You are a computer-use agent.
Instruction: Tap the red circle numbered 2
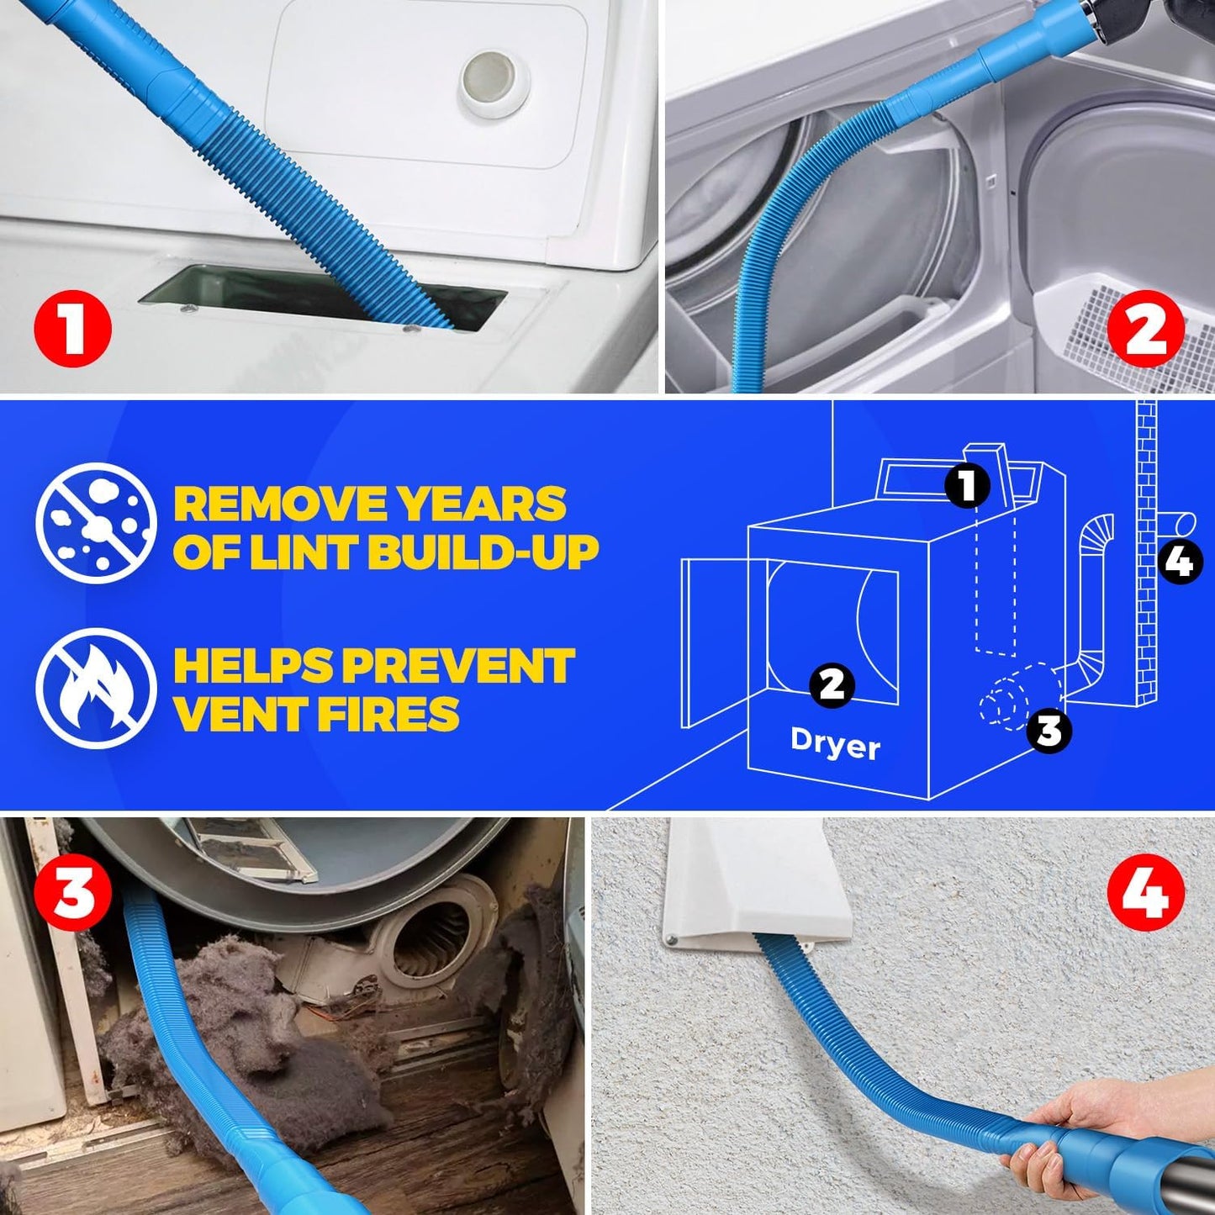1146,330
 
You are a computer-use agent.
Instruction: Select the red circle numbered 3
73,894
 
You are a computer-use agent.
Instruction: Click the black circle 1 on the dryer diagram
968,485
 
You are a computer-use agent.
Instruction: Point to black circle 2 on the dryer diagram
832,684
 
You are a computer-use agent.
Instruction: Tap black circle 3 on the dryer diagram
1049,730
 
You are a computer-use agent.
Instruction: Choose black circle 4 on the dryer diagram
1181,561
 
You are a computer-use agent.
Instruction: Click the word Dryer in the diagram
835,744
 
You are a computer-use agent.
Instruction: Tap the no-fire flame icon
96,688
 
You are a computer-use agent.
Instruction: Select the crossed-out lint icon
96,523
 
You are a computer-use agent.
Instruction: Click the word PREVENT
458,666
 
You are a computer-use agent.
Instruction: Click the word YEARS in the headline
483,504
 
